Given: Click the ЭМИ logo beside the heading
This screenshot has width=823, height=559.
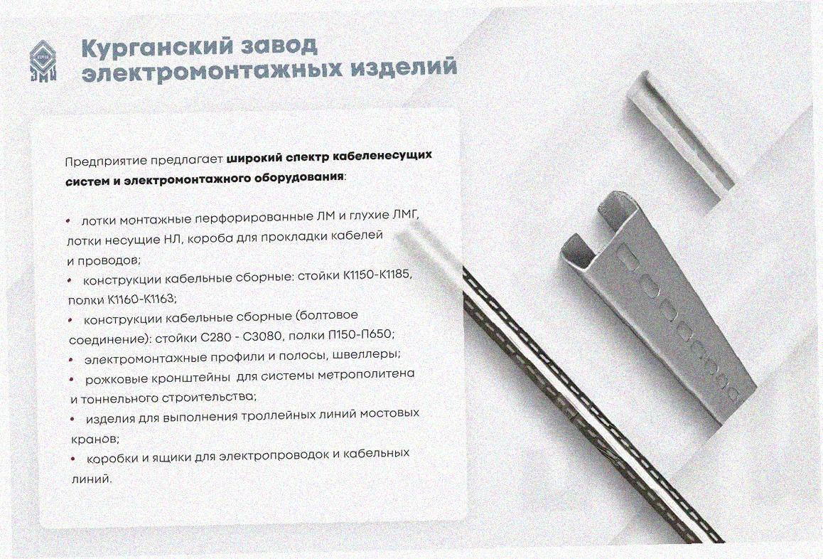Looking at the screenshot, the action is click(x=43, y=61).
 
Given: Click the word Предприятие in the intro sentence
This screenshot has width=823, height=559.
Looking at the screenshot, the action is click(x=105, y=161).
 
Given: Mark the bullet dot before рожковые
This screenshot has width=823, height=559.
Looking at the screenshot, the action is click(x=71, y=379).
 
